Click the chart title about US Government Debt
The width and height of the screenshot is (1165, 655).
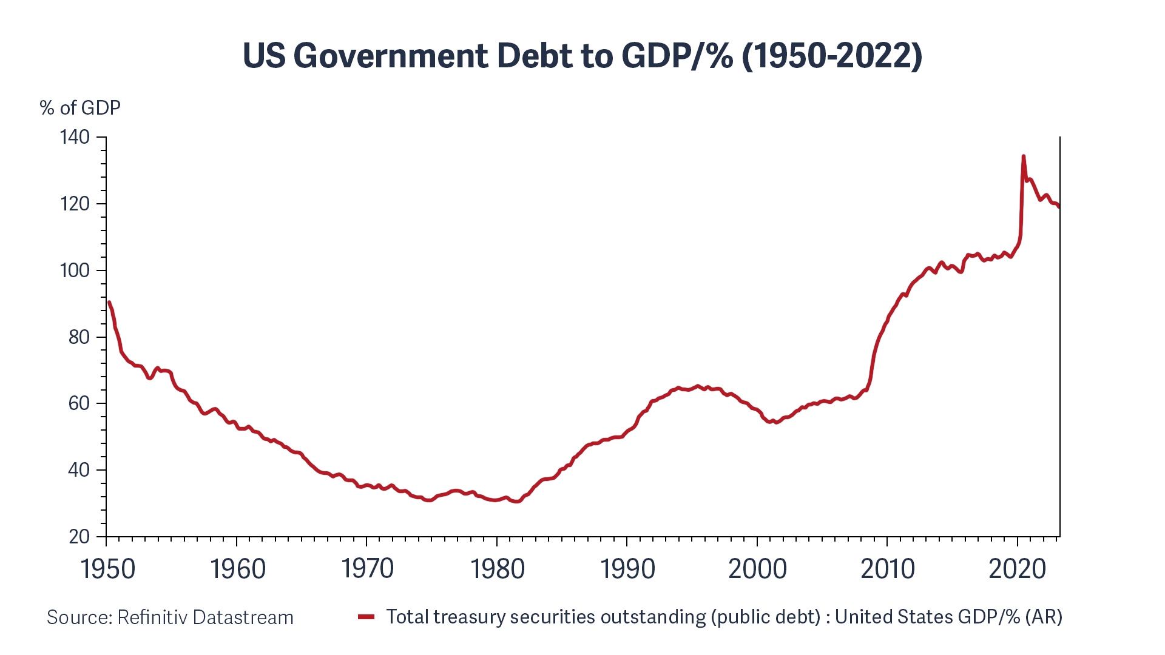[x=582, y=56]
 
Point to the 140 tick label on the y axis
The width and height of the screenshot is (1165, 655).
[x=75, y=137]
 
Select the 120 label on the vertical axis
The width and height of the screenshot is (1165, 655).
[x=75, y=204]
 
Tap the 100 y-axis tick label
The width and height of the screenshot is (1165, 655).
[x=75, y=270]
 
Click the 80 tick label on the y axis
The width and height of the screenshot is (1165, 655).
[x=79, y=337]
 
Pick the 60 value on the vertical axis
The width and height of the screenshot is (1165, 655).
[x=79, y=403]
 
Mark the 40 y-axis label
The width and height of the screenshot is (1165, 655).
[x=79, y=470]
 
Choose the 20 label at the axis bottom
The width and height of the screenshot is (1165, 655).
[x=79, y=537]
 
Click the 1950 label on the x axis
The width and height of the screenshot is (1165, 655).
[x=107, y=569]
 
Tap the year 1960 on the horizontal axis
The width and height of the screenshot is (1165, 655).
[x=238, y=569]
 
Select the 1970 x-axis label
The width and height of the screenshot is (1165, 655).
[x=367, y=569]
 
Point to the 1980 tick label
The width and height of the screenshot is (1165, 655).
[x=498, y=569]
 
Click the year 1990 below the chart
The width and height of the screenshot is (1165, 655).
[x=627, y=569]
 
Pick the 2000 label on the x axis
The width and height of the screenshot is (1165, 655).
[x=757, y=569]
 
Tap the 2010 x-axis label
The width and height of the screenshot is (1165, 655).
[x=887, y=569]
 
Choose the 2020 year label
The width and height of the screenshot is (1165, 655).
[x=1018, y=569]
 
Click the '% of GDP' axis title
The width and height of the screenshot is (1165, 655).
[x=80, y=108]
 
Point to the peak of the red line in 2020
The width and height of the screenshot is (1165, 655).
[x=1024, y=156]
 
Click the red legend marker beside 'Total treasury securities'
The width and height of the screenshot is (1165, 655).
[x=366, y=617]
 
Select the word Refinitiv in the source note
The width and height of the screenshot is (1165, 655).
[x=152, y=617]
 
